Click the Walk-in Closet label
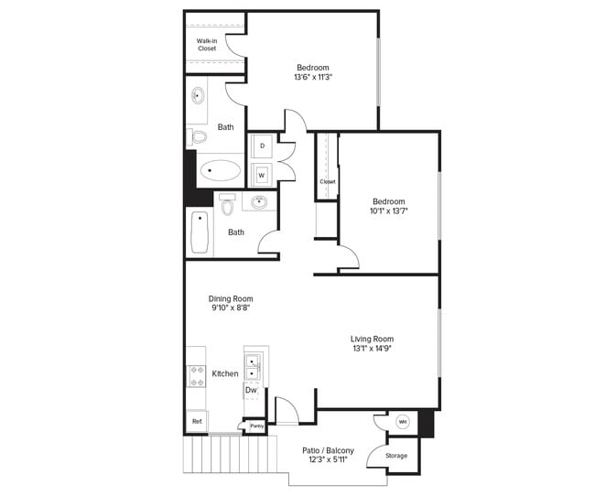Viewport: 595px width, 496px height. pyautogui.click(x=207, y=44)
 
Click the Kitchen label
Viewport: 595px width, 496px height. pyautogui.click(x=225, y=373)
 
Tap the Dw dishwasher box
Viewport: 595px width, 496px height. pyautogui.click(x=251, y=391)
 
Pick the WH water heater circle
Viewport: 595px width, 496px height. pyautogui.click(x=403, y=422)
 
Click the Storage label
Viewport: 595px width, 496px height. pyautogui.click(x=395, y=455)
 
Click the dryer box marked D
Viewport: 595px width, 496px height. pyautogui.click(x=262, y=146)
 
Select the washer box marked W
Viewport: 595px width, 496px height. pyautogui.click(x=262, y=174)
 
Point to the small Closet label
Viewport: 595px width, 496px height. pyautogui.click(x=327, y=181)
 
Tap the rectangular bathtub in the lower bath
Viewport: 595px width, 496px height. pyautogui.click(x=200, y=232)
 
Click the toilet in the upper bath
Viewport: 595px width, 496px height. pyautogui.click(x=197, y=137)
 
